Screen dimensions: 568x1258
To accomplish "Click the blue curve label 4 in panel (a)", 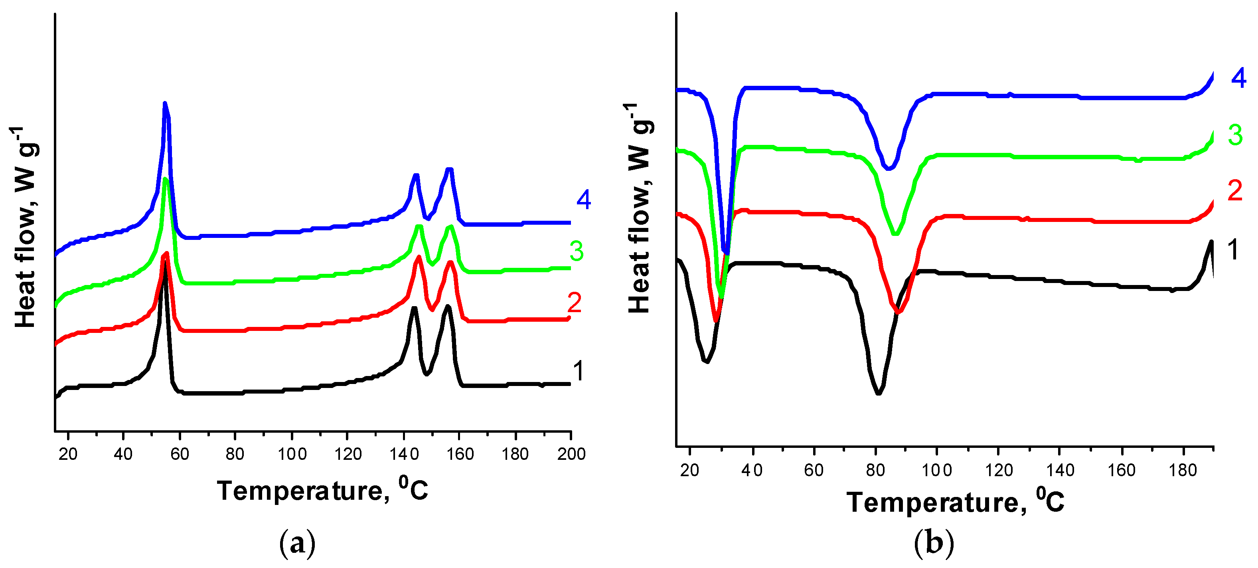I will tap(584, 199).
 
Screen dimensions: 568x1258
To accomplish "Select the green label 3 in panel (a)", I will tap(576, 251).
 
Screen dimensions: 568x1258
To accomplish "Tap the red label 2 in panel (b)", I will tap(1235, 190).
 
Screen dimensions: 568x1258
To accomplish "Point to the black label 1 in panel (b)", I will tap(1232, 249).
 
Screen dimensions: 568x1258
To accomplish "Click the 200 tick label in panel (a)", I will tap(571, 454).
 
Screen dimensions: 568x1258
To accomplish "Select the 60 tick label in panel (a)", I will tap(179, 454).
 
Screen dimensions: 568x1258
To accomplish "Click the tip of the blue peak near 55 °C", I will tap(165, 103).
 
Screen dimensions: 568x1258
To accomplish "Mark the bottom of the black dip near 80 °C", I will tap(879, 393).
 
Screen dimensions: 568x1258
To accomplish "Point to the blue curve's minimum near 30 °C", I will tap(726, 253).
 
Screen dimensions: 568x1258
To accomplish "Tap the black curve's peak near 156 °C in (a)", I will tap(447, 307).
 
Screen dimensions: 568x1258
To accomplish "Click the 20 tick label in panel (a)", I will tap(68, 454).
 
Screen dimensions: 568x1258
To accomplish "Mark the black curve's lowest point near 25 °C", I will tap(706, 361).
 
